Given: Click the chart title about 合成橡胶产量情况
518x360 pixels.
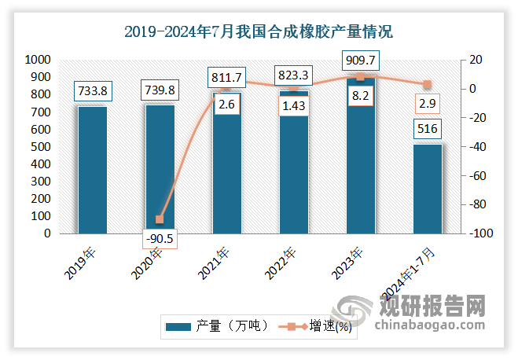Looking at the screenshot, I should [x=259, y=32].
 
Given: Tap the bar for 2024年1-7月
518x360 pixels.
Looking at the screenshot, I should [x=428, y=189].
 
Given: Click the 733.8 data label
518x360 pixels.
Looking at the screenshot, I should [x=92, y=90].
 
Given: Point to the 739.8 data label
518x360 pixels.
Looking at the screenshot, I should [x=160, y=90].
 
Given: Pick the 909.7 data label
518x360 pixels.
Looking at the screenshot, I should [x=360, y=59].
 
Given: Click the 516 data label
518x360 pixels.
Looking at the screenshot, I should [x=428, y=129].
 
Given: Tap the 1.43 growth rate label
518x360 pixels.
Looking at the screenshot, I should [x=293, y=105].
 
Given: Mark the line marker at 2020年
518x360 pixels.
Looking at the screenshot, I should [x=160, y=219].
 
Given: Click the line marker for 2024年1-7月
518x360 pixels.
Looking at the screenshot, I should [x=428, y=84].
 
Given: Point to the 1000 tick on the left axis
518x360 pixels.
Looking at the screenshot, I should [x=39, y=60].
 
